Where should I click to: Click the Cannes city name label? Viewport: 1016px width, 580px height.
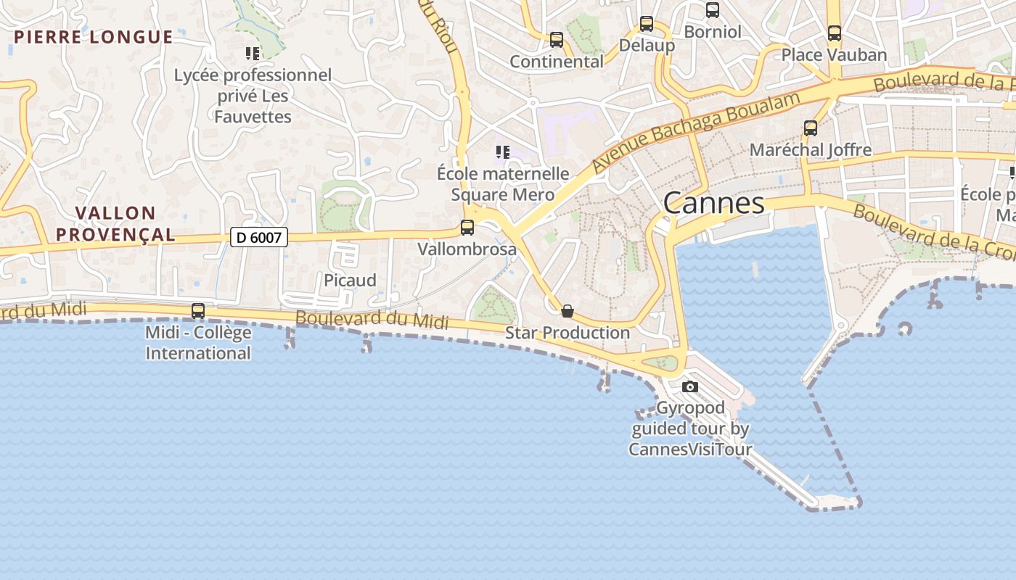tap(713, 203)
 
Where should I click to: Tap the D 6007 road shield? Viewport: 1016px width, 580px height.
tap(259, 237)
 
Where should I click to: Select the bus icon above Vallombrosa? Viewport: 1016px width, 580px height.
tap(467, 228)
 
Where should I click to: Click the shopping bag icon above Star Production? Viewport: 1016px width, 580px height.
tap(568, 311)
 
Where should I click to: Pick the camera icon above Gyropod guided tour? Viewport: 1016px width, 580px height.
tap(690, 386)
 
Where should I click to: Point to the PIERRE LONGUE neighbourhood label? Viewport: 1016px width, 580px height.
tap(94, 37)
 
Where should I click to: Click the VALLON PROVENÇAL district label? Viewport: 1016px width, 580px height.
tap(116, 223)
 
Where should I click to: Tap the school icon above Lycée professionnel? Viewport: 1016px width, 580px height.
tap(253, 53)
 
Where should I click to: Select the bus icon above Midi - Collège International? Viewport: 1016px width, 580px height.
tap(197, 311)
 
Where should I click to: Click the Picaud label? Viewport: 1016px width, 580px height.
tap(350, 281)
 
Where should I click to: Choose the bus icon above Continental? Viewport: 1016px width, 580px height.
tap(557, 40)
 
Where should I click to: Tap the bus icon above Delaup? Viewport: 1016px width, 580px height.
tap(647, 24)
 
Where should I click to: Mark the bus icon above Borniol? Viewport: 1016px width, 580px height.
tap(713, 10)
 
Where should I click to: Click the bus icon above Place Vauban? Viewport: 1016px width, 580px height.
tap(835, 33)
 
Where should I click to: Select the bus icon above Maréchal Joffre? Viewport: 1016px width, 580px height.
tap(811, 128)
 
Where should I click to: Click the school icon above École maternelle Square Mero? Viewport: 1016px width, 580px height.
tap(502, 152)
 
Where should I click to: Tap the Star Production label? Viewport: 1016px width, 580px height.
tap(568, 333)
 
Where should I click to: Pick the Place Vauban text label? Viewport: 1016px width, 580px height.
tap(834, 55)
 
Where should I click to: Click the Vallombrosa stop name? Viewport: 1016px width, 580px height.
tap(467, 249)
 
